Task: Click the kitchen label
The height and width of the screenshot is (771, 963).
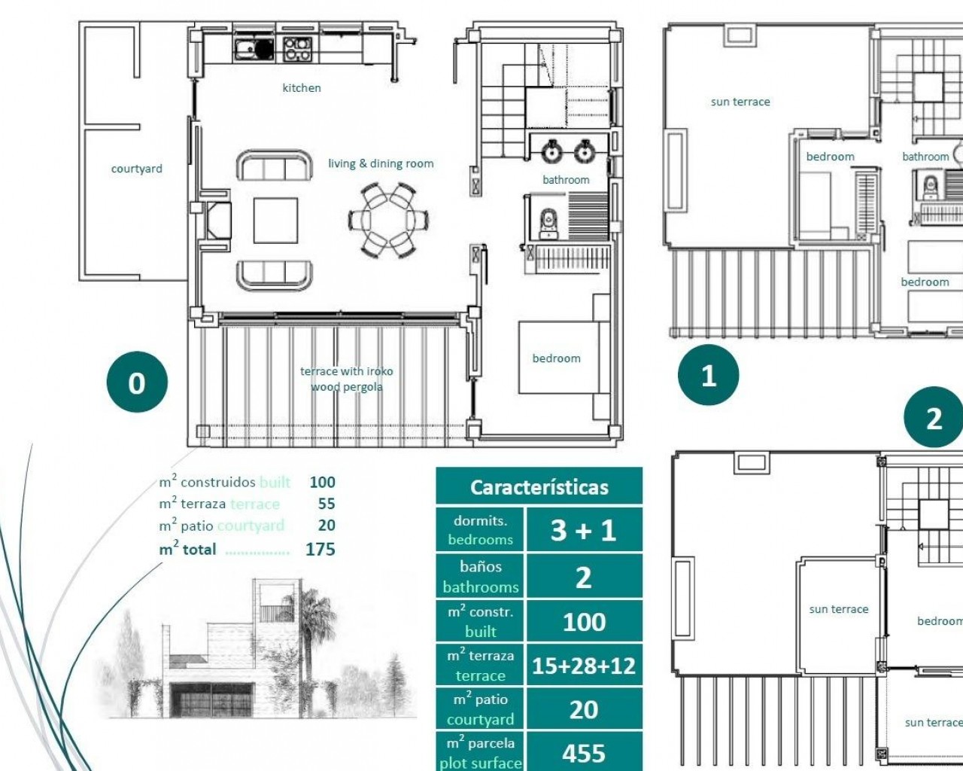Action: pos(302,88)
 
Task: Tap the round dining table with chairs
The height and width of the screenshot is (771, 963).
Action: pos(388,220)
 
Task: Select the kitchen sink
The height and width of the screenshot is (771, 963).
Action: pos(254,49)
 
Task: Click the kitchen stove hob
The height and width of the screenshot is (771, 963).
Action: pos(297,49)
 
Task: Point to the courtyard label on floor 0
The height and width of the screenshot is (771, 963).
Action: pos(136,169)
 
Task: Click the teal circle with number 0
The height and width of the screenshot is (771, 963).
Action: pos(137,382)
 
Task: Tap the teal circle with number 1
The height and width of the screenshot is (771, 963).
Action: pos(709,375)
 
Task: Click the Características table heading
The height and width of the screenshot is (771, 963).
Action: pos(539,487)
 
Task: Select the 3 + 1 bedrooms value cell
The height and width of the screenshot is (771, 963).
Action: pos(584,530)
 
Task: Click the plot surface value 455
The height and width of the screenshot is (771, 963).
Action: pos(584,753)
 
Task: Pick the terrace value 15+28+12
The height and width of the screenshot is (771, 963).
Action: pos(584,666)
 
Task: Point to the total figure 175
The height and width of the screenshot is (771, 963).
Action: pos(320,549)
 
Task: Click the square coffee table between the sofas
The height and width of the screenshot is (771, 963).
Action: pos(275,221)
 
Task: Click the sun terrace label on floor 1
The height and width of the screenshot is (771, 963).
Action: pos(740,102)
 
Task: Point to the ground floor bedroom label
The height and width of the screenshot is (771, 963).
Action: pos(556,358)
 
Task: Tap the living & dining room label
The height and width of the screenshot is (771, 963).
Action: pos(381,163)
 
